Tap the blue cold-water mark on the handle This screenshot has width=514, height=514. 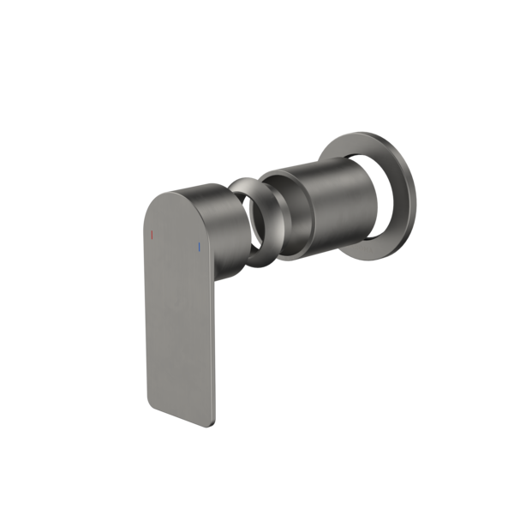[x=198, y=248]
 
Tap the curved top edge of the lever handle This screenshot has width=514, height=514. [x=176, y=189]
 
